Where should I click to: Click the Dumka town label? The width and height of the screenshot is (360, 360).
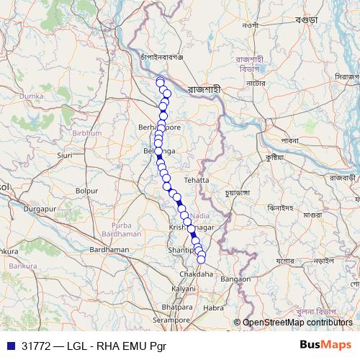[31, 95]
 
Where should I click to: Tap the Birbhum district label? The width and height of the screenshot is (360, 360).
[86, 133]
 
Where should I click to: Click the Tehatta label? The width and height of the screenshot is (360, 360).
[196, 179]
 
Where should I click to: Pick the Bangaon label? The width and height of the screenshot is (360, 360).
[235, 278]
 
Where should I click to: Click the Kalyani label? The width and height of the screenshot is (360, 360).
[183, 288]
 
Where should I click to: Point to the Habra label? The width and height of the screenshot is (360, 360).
[214, 307]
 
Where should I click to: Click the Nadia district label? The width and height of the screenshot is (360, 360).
[201, 215]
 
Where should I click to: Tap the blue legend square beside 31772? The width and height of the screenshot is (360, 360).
[11, 346]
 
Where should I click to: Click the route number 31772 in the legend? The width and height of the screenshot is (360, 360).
[35, 346]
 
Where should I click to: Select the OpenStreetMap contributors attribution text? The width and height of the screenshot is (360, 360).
[297, 322]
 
